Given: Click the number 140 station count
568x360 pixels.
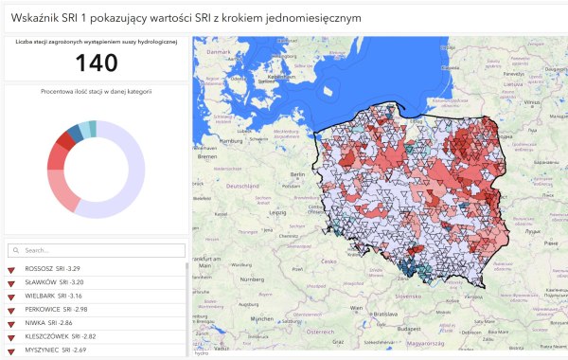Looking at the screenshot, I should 96,63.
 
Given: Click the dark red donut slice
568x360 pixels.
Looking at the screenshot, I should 64,142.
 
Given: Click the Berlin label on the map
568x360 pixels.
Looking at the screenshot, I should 297,175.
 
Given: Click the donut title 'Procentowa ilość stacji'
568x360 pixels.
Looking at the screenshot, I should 97,92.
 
